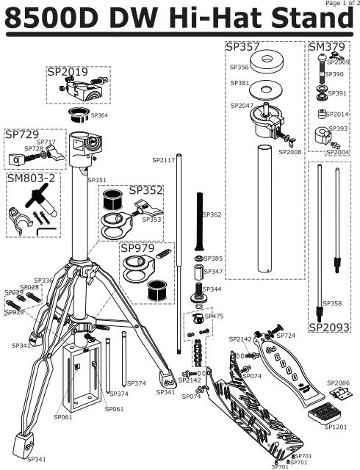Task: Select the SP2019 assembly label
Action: tap(68, 73)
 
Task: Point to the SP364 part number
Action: tap(99, 115)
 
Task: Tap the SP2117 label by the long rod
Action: tap(163, 159)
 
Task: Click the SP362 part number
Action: tap(212, 214)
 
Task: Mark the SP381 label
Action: tap(240, 83)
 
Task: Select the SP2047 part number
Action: tap(242, 106)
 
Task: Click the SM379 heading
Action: tap(328, 47)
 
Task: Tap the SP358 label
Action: tap(332, 303)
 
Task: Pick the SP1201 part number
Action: tap(336, 426)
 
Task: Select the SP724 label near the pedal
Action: tap(286, 336)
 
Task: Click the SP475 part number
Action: tap(214, 316)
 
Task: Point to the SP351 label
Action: tap(97, 179)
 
